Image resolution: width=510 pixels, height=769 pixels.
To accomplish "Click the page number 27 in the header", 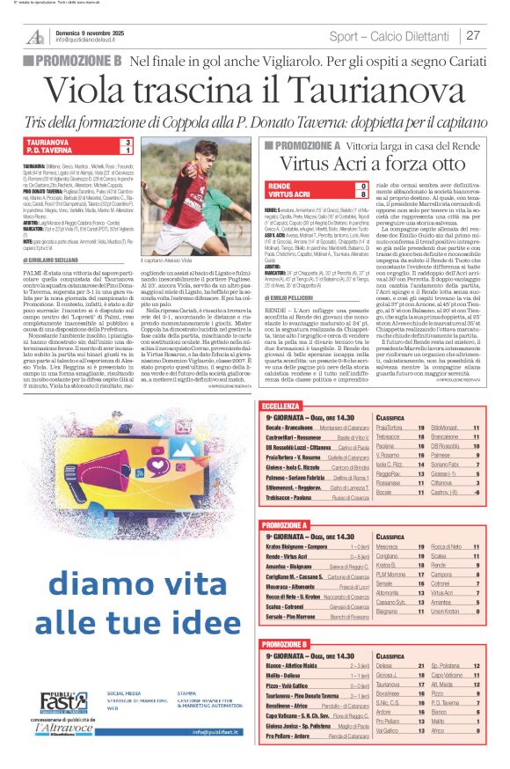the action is pos(473,35).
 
